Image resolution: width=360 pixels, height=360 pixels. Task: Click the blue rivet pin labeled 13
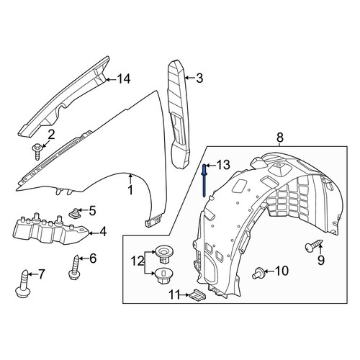204,180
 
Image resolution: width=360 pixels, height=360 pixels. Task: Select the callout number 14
124,79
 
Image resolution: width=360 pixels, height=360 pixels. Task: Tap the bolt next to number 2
37,152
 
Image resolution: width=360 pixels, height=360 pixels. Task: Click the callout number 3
199,78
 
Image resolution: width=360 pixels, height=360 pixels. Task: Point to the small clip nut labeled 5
75,213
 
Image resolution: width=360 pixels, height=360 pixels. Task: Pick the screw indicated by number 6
74,267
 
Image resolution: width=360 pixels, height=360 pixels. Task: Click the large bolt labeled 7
23,284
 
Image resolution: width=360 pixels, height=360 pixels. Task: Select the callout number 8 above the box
280,138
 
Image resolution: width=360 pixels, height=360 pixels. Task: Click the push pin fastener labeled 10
258,273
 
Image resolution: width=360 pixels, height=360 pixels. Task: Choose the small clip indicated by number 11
198,295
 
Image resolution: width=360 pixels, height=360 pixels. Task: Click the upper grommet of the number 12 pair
165,254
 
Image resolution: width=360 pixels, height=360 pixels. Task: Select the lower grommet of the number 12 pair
164,276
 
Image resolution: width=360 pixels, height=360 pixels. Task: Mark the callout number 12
138,261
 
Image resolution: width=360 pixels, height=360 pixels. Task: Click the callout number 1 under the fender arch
130,190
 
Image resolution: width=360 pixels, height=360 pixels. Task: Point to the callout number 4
103,232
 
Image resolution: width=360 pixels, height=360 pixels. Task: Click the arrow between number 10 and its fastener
269,271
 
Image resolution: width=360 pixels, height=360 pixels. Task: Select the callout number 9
321,261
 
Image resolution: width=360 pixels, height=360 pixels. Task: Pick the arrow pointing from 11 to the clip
185,294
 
